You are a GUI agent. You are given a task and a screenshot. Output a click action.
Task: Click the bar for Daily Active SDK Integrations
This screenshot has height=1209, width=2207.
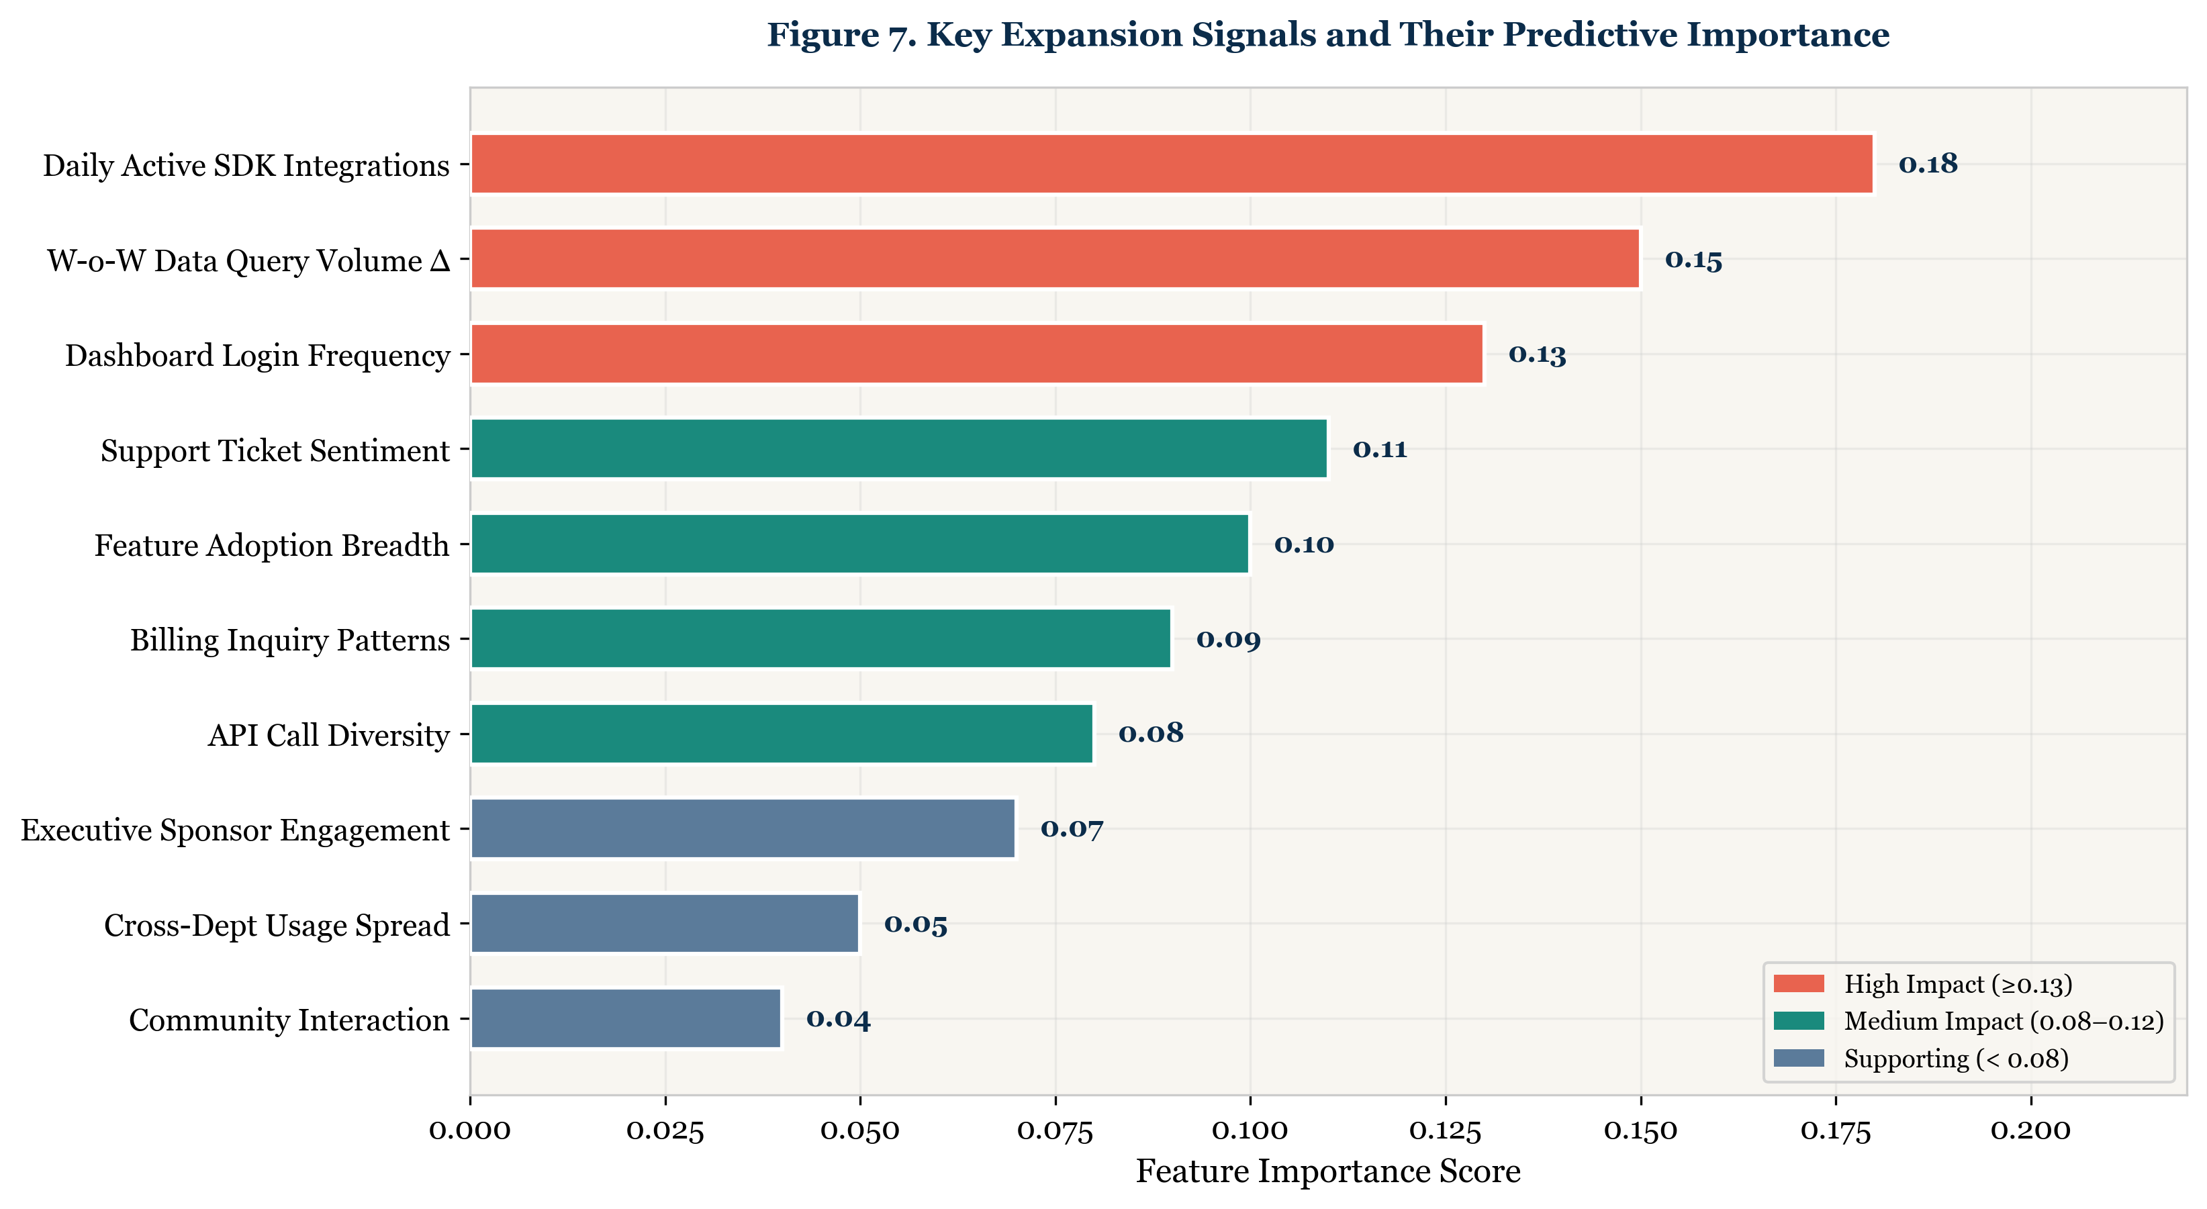coord(1171,164)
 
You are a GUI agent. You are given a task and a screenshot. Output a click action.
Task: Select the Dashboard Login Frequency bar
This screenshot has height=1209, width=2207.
coord(977,354)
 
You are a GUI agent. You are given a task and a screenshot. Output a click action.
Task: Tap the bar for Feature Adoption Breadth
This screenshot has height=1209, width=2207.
coord(859,544)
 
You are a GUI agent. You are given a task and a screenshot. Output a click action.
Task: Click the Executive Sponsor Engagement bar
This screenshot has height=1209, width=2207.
coord(743,828)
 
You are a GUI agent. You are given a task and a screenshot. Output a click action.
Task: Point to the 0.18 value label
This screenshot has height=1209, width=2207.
coord(1928,164)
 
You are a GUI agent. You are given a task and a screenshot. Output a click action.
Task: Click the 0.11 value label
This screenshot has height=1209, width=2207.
coord(1379,449)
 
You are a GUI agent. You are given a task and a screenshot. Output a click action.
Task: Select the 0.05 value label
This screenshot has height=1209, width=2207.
coord(915,924)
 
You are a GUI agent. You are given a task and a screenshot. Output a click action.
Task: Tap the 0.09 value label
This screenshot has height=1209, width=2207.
coord(1228,639)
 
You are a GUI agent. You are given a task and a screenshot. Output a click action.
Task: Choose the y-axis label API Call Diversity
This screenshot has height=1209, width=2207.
coord(328,735)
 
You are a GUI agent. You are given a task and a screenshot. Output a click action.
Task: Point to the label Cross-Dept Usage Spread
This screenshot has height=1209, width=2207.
coord(276,926)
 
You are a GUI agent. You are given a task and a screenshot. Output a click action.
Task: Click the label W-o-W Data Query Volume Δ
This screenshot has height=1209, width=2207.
coord(248,260)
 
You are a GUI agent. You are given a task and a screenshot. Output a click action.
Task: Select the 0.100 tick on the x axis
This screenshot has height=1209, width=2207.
coord(1250,1131)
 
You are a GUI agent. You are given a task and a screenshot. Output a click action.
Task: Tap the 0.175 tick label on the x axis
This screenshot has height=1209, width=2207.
coord(1835,1131)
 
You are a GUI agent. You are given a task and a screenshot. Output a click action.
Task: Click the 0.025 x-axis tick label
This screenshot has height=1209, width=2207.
coord(665,1131)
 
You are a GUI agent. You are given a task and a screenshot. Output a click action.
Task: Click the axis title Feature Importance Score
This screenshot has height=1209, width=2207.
coord(1328,1171)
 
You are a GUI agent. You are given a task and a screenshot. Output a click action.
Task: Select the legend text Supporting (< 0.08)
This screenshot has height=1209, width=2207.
coord(1956,1059)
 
